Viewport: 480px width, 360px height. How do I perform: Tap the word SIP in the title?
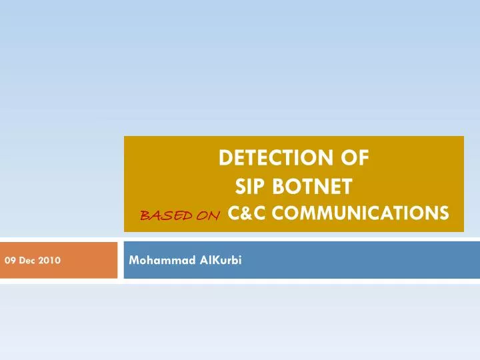coord(250,186)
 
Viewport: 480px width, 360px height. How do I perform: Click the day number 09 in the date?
coord(10,261)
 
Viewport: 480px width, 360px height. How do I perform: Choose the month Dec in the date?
coord(26,261)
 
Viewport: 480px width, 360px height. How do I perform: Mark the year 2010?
coord(49,261)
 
